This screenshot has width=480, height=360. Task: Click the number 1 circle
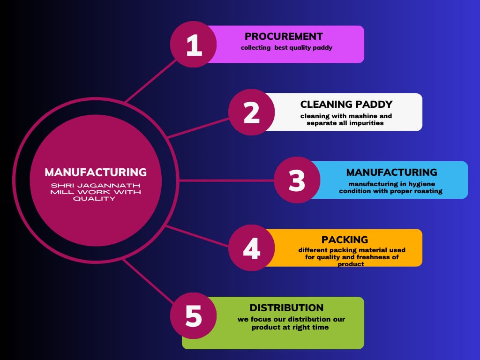pos(194,45)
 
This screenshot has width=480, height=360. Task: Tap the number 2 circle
pos(252,112)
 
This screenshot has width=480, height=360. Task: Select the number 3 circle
pos(297,180)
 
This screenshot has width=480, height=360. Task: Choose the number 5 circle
pos(194,316)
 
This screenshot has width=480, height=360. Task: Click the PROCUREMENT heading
pos(284,36)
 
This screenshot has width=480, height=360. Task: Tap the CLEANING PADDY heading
pos(346,104)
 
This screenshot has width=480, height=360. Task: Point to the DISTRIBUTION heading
pos(286,308)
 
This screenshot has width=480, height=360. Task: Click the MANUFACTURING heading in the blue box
pos(391,172)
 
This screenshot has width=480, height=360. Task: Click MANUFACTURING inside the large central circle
pos(96,172)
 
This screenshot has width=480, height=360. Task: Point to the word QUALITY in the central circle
pos(96,199)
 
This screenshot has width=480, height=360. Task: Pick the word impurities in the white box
pos(364,123)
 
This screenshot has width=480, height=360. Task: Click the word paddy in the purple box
pos(322,48)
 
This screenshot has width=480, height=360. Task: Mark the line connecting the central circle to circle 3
pos(225,180)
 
